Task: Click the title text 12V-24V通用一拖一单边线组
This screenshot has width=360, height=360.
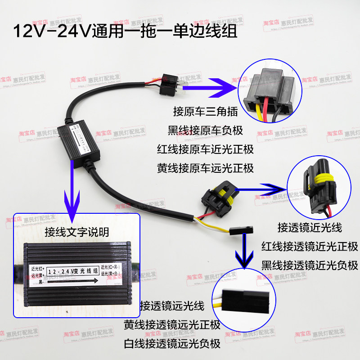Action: (121, 32)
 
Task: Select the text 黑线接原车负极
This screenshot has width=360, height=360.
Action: (206, 130)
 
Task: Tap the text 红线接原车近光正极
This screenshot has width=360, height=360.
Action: (206, 149)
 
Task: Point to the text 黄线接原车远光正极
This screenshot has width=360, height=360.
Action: (206, 168)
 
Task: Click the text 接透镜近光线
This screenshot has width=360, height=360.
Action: (310, 227)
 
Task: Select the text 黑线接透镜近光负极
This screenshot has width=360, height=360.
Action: (310, 265)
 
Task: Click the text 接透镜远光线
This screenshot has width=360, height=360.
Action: (173, 306)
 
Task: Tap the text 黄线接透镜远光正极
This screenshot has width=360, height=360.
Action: (173, 325)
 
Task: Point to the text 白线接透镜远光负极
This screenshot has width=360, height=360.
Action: (173, 344)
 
